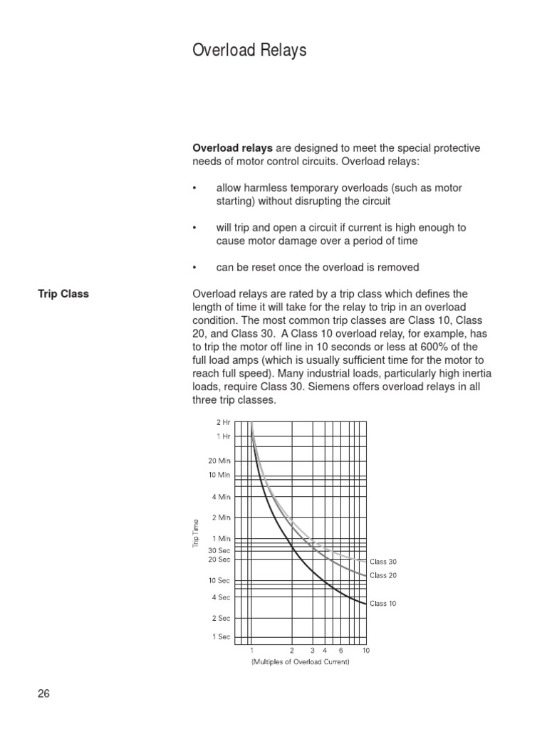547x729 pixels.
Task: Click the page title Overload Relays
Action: tap(249, 51)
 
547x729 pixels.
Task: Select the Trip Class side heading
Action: tap(63, 294)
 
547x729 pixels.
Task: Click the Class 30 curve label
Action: tap(382, 562)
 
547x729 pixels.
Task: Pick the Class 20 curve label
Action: tap(382, 575)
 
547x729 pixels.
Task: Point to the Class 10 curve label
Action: tap(382, 604)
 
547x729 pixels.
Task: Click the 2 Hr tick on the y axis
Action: tap(222, 422)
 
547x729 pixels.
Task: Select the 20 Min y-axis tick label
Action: tap(219, 461)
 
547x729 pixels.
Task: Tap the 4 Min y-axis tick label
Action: tap(221, 497)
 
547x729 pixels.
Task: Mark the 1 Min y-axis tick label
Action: tap(221, 539)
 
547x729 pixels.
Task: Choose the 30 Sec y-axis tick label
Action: tap(219, 550)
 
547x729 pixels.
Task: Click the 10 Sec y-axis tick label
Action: tap(219, 581)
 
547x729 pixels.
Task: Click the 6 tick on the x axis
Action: tap(340, 651)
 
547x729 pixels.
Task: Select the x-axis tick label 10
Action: tap(366, 651)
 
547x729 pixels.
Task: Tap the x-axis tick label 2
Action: tap(292, 651)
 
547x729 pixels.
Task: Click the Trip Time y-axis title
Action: tap(195, 534)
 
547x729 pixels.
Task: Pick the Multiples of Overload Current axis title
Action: tap(300, 662)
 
